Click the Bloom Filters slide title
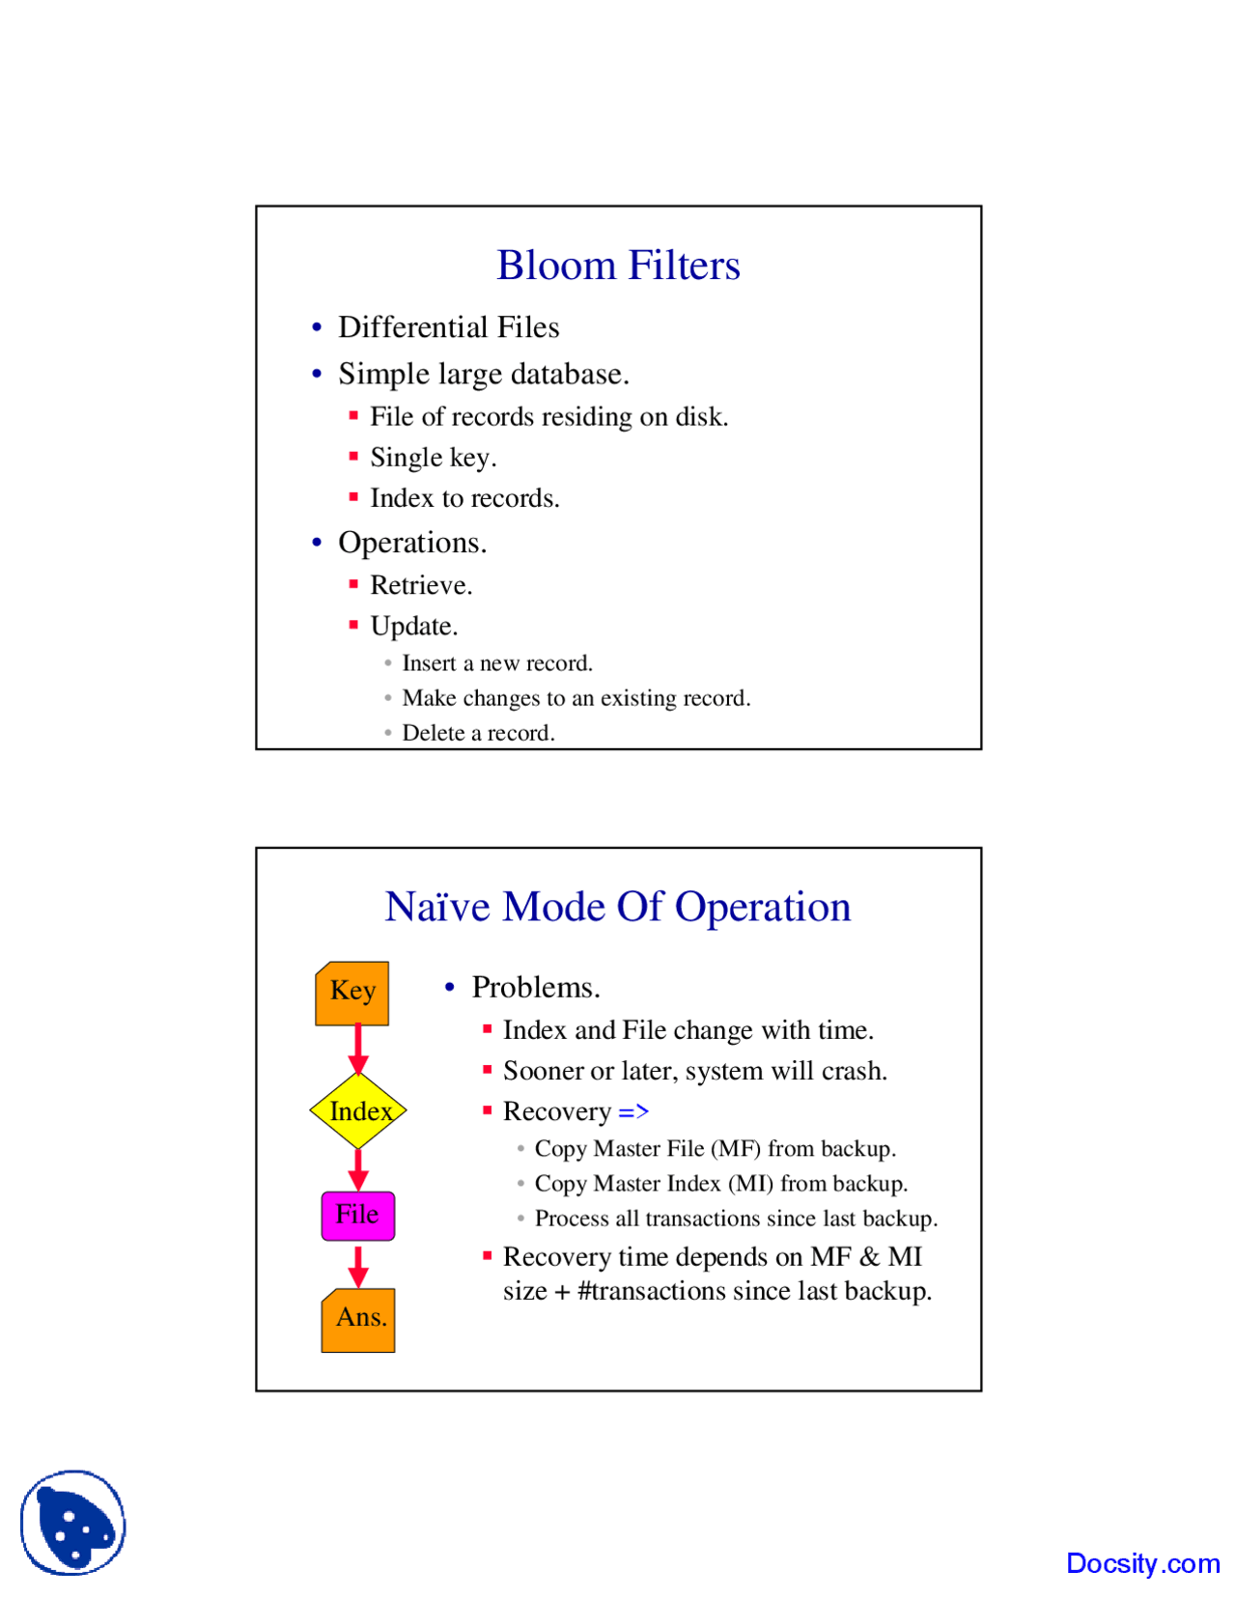[x=618, y=266]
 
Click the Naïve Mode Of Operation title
[x=618, y=907]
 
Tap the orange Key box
[x=352, y=993]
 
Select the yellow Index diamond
[x=358, y=1110]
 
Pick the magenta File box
[x=357, y=1215]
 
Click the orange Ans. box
[x=358, y=1319]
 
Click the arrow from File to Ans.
[x=358, y=1265]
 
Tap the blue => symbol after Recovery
[x=633, y=1111]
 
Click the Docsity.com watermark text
[x=1142, y=1562]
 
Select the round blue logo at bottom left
[x=73, y=1522]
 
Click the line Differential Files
[x=448, y=327]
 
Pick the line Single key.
[x=433, y=458]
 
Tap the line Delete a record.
[x=478, y=733]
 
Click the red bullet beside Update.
[x=353, y=625]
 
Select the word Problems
[x=535, y=988]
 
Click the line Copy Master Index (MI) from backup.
[x=720, y=1184]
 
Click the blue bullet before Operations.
[x=317, y=543]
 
